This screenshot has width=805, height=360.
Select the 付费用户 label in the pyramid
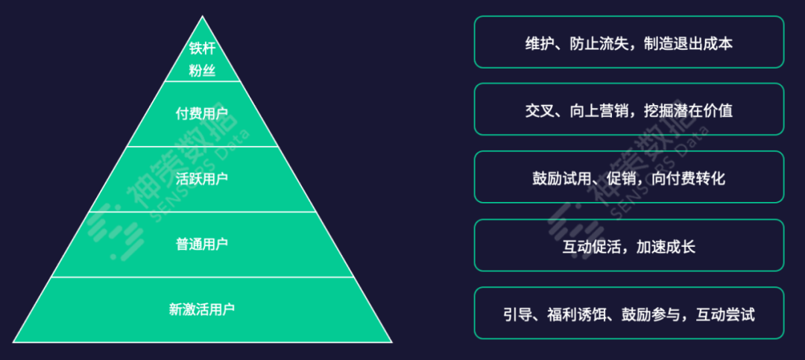[202, 114]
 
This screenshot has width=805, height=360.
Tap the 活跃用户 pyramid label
[202, 179]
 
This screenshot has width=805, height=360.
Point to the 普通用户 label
[202, 244]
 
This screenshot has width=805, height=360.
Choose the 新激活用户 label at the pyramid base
[202, 309]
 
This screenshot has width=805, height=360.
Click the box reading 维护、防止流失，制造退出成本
[628, 42]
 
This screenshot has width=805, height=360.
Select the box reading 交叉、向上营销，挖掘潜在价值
[628, 110]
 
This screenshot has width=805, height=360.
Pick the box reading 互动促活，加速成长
[628, 245]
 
